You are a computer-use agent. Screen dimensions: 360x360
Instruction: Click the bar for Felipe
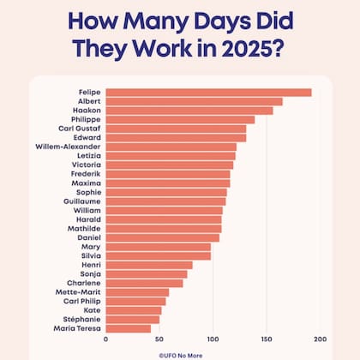tap(208, 93)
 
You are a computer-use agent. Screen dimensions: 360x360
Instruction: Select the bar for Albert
tap(194, 101)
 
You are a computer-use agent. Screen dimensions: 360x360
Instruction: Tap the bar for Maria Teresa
tap(128, 328)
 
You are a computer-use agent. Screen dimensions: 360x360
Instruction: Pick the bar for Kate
tap(134, 310)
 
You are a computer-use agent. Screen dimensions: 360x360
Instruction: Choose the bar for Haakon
tap(189, 111)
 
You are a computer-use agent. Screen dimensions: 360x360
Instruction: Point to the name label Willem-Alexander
tap(68, 147)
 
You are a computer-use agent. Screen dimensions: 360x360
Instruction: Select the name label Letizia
tap(88, 156)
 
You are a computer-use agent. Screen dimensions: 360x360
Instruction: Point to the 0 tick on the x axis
tap(106, 339)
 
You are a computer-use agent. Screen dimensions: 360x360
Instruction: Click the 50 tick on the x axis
tap(158, 339)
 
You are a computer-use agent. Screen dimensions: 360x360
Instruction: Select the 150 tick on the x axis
tap(261, 339)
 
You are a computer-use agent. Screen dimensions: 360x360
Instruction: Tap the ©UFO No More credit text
tap(180, 352)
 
